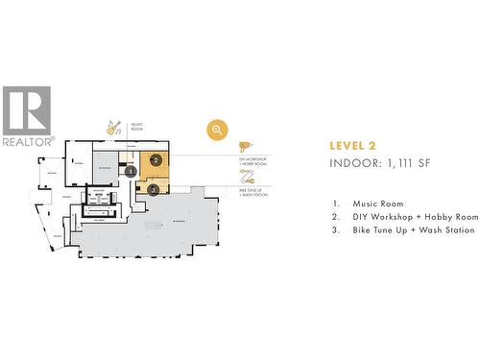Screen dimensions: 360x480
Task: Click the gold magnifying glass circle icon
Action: pyautogui.click(x=218, y=130)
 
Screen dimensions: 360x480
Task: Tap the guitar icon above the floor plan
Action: pyautogui.click(x=113, y=127)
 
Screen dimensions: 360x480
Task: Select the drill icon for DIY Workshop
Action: pyautogui.click(x=245, y=146)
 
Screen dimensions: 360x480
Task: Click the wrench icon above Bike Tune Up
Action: pyautogui.click(x=246, y=177)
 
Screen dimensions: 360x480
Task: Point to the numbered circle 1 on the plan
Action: pyautogui.click(x=131, y=172)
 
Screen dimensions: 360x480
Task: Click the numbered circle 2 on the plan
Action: pyautogui.click(x=156, y=160)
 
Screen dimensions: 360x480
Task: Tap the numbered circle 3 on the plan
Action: pyautogui.click(x=154, y=189)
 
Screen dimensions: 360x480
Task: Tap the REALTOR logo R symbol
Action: pyautogui.click(x=26, y=110)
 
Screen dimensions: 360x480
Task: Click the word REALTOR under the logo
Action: pyautogui.click(x=27, y=141)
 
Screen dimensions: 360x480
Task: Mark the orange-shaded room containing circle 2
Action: pyautogui.click(x=156, y=165)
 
